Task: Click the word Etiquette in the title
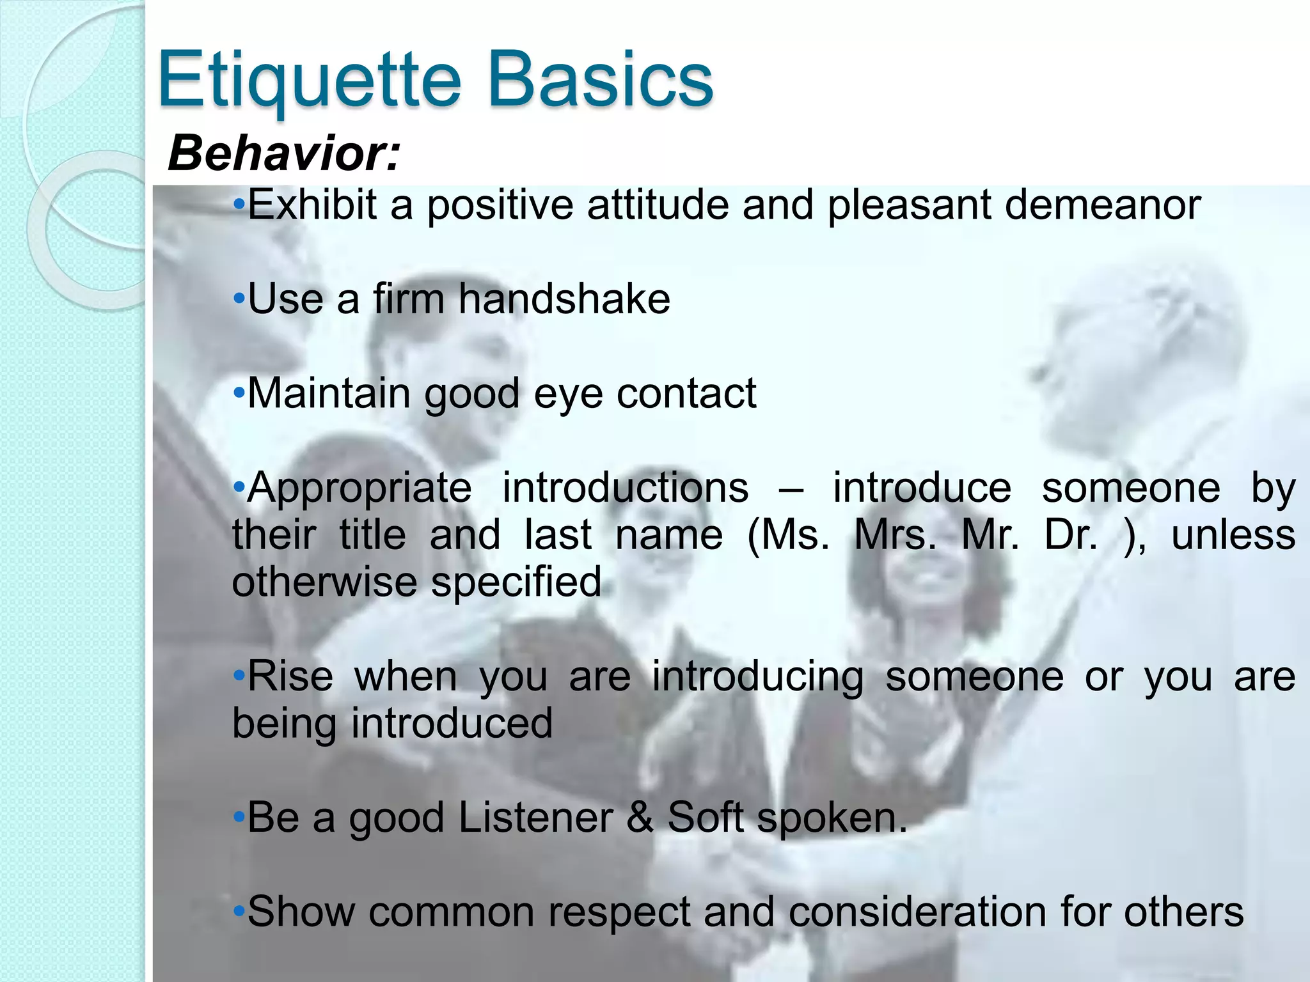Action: pos(309,81)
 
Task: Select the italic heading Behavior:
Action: pos(283,153)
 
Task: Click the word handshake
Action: pos(564,299)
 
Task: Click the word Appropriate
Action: pos(359,488)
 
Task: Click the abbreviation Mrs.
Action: pos(895,534)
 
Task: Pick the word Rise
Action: pos(290,676)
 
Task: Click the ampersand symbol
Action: pos(640,817)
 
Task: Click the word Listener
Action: pos(535,817)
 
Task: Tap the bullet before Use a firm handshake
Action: pos(239,299)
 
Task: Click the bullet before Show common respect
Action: pos(239,911)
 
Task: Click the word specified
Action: pos(516,582)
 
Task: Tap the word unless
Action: pos(1233,534)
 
